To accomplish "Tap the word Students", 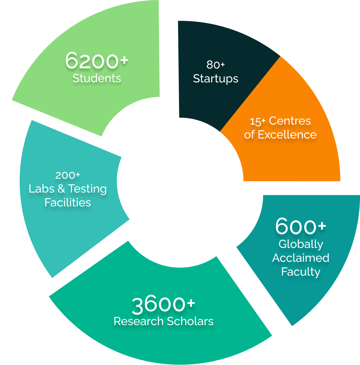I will tap(97, 78).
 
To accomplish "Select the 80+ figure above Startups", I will tap(216, 65).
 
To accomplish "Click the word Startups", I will tap(216, 78).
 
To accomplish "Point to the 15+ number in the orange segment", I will tap(257, 121).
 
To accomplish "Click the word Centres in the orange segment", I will tap(290, 121).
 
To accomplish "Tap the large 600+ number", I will tap(300, 227).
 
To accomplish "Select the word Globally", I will tap(301, 244).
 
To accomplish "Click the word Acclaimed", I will tap(301, 258).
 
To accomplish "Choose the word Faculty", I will tap(301, 272).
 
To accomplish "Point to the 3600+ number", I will tap(163, 305).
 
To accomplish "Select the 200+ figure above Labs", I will tap(68, 175).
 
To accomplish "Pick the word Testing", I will tap(87, 189).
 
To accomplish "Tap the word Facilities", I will tap(68, 202).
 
